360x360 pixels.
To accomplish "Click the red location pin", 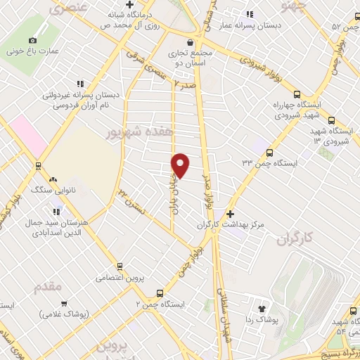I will tap(181, 165).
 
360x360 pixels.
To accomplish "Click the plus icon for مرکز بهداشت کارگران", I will tap(231, 214).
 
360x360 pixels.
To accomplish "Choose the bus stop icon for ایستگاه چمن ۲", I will tap(160, 292).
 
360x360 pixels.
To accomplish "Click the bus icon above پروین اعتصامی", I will tap(120, 266).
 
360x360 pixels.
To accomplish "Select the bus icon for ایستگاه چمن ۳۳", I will tap(269, 152).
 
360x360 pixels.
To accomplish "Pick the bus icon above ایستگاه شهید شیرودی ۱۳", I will tap(332, 120).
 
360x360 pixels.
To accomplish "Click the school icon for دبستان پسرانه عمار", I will tap(248, 13).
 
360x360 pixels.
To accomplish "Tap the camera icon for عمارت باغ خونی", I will tap(32, 40).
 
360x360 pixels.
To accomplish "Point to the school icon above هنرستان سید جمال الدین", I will tap(56, 210).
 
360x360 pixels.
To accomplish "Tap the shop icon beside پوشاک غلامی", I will tap(64, 304).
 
